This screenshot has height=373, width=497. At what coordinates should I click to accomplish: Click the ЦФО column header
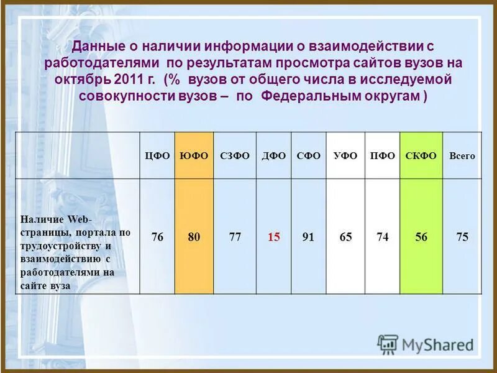157,156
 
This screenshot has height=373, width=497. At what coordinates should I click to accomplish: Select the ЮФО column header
194,156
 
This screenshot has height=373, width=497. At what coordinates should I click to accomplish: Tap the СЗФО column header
234,156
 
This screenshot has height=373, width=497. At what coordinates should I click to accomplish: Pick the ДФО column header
273,156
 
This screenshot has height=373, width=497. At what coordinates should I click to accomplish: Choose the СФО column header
308,156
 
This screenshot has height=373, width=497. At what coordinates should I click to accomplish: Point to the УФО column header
345,156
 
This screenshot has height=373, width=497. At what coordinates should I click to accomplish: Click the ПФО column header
382,156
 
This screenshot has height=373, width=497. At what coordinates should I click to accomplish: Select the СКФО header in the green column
421,156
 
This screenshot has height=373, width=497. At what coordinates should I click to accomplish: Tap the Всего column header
462,157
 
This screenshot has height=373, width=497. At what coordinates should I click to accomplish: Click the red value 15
273,237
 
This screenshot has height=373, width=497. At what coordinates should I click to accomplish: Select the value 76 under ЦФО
157,237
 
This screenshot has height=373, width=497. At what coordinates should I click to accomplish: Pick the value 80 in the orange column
194,237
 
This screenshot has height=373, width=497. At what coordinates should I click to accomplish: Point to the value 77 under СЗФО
234,237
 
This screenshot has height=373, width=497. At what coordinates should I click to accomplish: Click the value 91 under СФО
308,237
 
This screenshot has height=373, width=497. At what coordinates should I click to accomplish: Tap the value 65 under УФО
345,237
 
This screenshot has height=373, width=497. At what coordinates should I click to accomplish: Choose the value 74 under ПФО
382,237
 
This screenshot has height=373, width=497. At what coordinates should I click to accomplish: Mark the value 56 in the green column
421,237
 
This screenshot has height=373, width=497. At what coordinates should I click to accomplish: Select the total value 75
462,237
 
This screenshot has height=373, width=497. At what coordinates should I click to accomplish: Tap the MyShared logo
426,344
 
